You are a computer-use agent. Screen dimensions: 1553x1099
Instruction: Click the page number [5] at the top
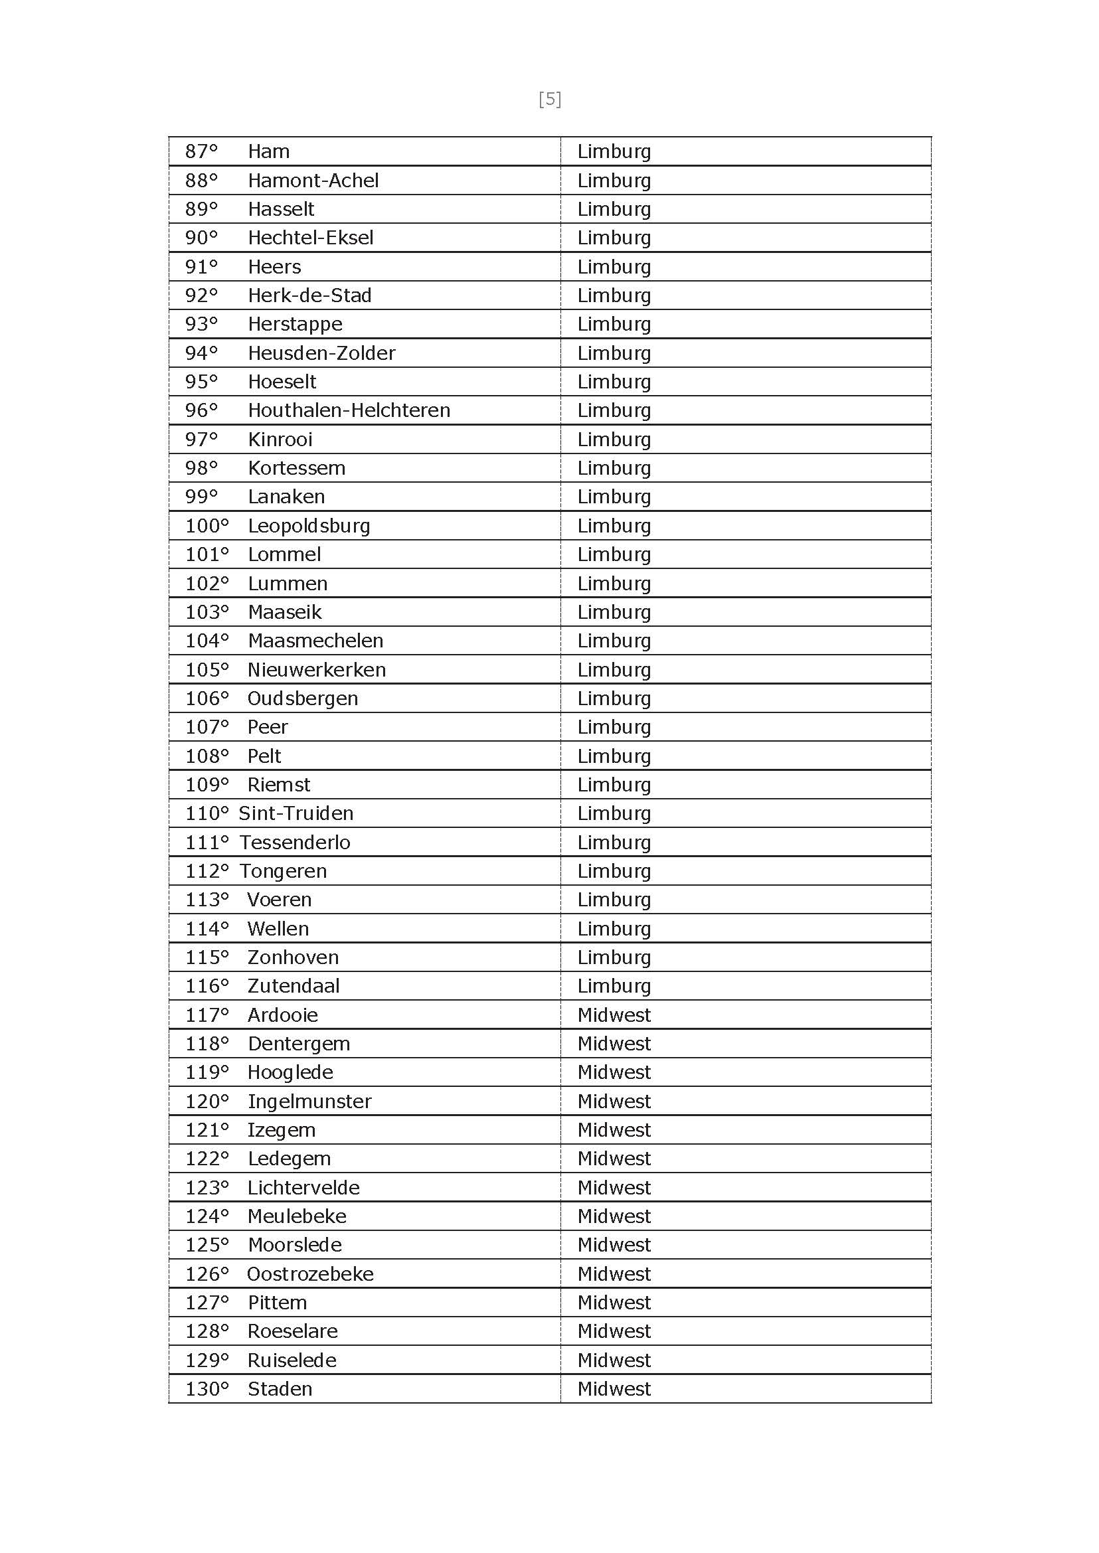[550, 100]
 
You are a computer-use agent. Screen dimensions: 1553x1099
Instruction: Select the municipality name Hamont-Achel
[313, 181]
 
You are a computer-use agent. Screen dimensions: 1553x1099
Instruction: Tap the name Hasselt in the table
[281, 209]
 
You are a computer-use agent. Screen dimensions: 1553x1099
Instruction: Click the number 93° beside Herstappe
[202, 324]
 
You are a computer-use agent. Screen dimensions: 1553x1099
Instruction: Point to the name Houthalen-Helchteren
[349, 410]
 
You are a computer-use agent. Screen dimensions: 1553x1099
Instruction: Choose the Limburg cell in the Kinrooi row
[614, 440]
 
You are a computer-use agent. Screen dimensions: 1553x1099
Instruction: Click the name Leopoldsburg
[309, 526]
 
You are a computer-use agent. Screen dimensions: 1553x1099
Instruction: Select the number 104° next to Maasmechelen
[207, 641]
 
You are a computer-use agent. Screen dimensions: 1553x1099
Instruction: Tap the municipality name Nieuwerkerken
[317, 670]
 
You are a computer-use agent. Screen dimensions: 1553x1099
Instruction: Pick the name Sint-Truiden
[296, 813]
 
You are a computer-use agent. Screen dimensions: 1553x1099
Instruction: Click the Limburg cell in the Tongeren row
[614, 871]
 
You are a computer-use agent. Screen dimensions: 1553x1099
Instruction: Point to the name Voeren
[280, 900]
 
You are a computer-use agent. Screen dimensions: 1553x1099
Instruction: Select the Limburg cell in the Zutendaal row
[614, 986]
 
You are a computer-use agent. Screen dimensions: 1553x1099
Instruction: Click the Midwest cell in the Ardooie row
[614, 1015]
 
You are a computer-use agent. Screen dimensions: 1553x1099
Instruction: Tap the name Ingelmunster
[309, 1102]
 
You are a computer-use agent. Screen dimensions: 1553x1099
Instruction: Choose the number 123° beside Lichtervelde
[207, 1188]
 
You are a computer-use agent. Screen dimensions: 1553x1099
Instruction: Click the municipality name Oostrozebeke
[310, 1274]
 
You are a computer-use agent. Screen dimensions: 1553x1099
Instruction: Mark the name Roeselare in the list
[292, 1332]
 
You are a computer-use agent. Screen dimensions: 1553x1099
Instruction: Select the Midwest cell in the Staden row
[614, 1389]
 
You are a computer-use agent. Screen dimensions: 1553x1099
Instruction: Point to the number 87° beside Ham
[202, 151]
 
